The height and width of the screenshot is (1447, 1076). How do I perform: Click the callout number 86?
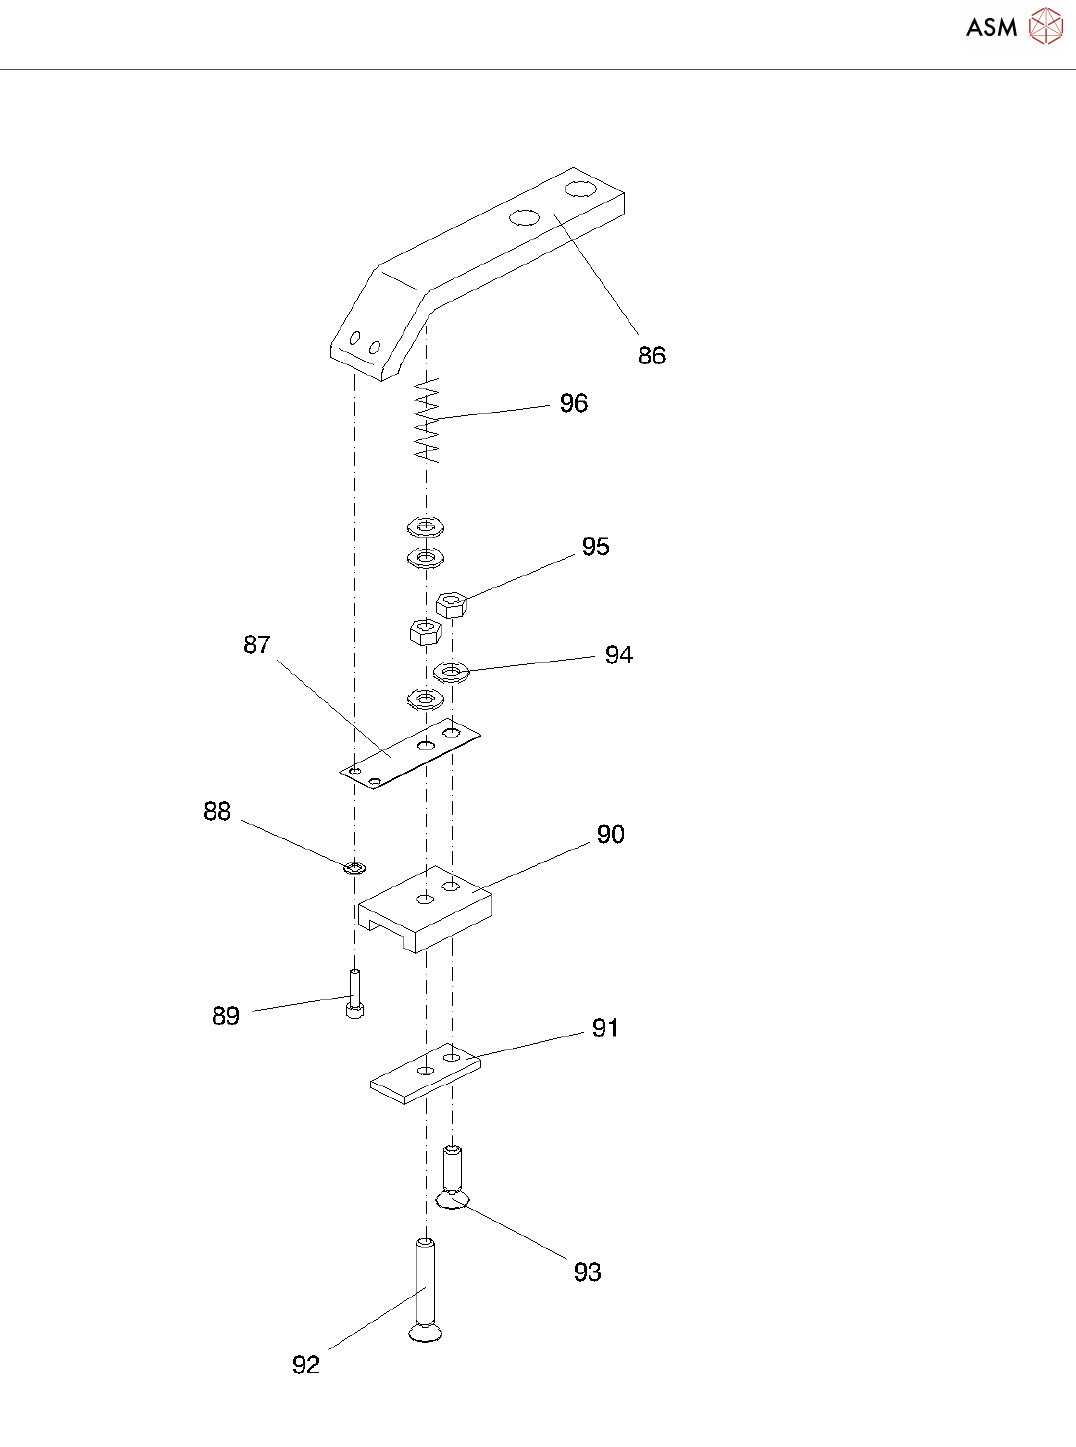(651, 356)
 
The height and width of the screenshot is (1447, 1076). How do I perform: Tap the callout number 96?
(573, 403)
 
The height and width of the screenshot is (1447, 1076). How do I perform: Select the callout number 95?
(595, 547)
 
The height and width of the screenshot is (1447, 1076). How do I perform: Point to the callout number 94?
(618, 655)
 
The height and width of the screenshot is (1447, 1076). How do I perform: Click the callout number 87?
(256, 645)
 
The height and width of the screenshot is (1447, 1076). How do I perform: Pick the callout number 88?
(216, 812)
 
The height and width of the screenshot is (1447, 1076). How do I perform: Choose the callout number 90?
(610, 835)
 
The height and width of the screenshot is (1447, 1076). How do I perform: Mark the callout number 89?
(226, 1016)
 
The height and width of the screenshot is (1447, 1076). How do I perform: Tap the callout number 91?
(605, 1028)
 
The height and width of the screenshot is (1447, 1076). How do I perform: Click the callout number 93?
(587, 1272)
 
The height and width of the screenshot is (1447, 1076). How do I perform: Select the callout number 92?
(305, 1365)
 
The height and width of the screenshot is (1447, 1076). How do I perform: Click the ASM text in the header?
(991, 28)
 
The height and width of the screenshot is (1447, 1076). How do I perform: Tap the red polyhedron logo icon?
(1046, 27)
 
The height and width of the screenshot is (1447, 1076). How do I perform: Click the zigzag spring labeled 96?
(427, 419)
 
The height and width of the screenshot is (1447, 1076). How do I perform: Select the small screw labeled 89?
(354, 994)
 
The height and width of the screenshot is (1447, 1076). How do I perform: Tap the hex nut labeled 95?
(451, 603)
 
